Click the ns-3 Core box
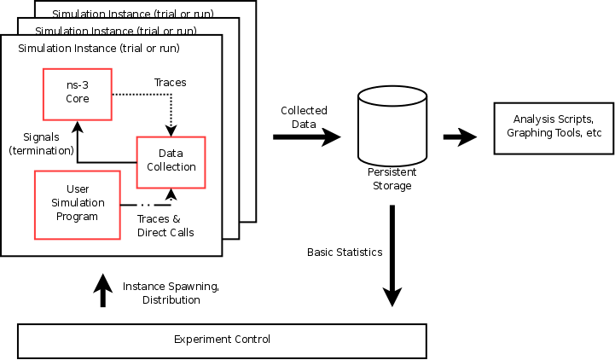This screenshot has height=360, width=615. tap(78, 93)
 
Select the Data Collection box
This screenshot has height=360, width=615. tap(171, 161)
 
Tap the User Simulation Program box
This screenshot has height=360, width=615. tap(78, 202)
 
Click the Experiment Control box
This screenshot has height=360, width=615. tap(222, 340)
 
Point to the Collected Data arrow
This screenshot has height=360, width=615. tap(307, 136)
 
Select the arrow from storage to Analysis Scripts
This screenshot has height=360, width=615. tap(460, 136)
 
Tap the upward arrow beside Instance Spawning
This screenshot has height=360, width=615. tap(102, 289)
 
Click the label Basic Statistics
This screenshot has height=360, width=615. tap(345, 253)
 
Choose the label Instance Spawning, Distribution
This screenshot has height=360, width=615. tap(171, 293)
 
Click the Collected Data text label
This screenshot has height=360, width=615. tap(305, 118)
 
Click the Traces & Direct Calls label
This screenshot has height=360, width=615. tap(165, 225)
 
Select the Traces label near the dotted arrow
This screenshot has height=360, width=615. tap(170, 83)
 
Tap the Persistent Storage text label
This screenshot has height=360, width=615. tap(392, 179)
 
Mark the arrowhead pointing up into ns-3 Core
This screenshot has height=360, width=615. tap(78, 125)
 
